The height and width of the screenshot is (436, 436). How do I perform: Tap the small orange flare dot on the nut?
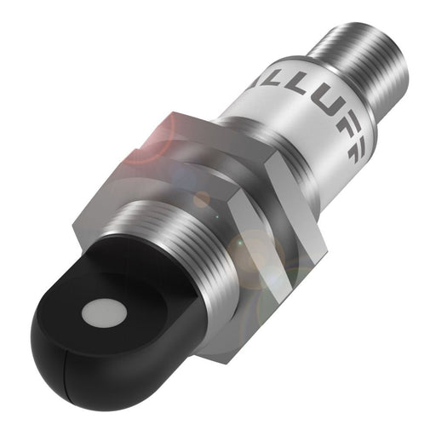coord(201,200)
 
